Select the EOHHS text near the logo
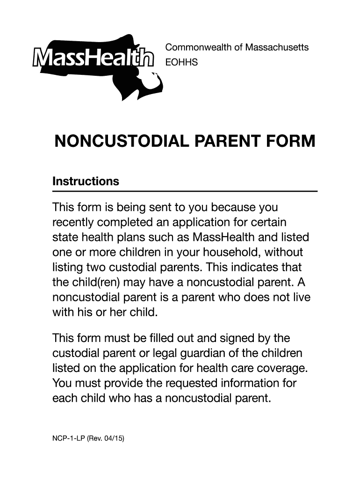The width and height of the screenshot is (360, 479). point(182,61)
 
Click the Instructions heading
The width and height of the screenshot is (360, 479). point(86,181)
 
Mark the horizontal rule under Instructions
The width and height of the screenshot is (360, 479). point(185,191)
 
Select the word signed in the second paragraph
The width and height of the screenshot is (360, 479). point(242,337)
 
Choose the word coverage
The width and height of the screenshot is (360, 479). point(284,368)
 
